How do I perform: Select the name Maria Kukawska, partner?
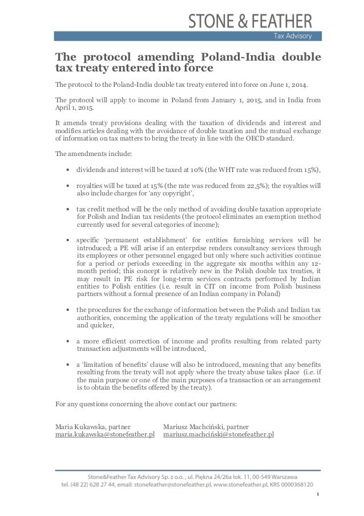click(x=92, y=426)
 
